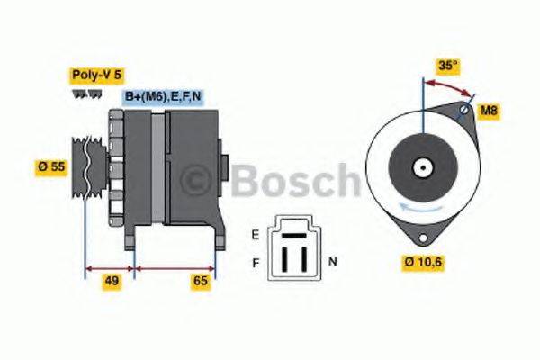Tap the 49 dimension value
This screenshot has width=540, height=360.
point(112,281)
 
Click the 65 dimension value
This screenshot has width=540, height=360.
point(201,281)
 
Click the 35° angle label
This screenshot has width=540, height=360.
point(448,65)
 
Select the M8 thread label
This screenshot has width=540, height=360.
point(487,111)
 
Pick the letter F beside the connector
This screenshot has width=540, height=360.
point(256,262)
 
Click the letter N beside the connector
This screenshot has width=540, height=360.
point(332,262)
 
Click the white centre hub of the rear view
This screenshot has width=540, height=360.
point(421,167)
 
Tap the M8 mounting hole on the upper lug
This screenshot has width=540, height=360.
point(463,111)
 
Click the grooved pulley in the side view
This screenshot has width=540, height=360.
point(84,167)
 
